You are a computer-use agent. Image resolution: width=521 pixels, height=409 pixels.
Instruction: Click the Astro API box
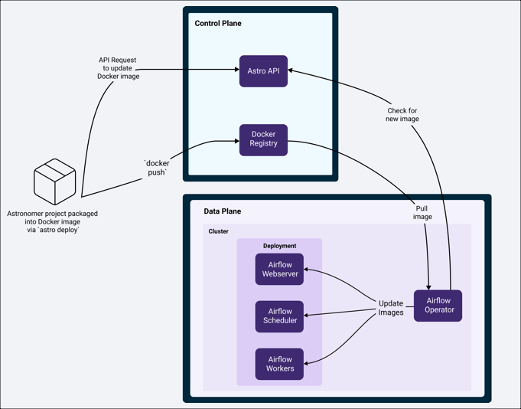(x=263, y=71)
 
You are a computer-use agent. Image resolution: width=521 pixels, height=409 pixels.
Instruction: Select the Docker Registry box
(x=263, y=139)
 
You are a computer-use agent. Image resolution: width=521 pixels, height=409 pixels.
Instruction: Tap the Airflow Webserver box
(x=279, y=270)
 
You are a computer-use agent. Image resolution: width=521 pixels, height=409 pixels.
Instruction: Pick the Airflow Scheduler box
(x=279, y=316)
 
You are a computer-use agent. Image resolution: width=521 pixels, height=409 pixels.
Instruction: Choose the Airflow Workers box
(x=279, y=364)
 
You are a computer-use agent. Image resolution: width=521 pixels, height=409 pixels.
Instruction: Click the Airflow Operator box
(x=438, y=306)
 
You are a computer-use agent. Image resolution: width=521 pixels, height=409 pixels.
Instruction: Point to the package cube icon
(x=54, y=182)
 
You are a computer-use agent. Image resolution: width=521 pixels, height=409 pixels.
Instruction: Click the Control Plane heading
(x=218, y=24)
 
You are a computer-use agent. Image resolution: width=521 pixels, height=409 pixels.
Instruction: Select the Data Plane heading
(x=223, y=211)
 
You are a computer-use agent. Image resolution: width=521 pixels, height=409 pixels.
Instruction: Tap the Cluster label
(x=219, y=231)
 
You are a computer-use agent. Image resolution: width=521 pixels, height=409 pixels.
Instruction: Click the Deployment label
(x=279, y=246)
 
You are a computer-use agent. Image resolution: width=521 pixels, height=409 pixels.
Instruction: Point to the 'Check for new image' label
(x=402, y=115)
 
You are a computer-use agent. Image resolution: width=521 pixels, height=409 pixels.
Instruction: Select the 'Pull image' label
(x=422, y=212)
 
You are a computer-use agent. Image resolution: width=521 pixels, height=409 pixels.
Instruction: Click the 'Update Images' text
(x=391, y=308)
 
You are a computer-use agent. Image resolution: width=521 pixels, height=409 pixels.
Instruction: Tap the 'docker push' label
(x=157, y=168)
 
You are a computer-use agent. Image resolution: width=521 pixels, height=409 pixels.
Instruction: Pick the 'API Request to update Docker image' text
(x=119, y=68)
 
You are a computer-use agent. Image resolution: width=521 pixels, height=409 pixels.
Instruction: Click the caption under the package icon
(x=52, y=221)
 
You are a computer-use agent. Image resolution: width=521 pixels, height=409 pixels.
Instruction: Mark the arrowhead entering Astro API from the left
(x=236, y=70)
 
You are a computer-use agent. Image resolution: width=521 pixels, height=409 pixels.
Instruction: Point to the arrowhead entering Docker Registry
(x=236, y=141)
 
